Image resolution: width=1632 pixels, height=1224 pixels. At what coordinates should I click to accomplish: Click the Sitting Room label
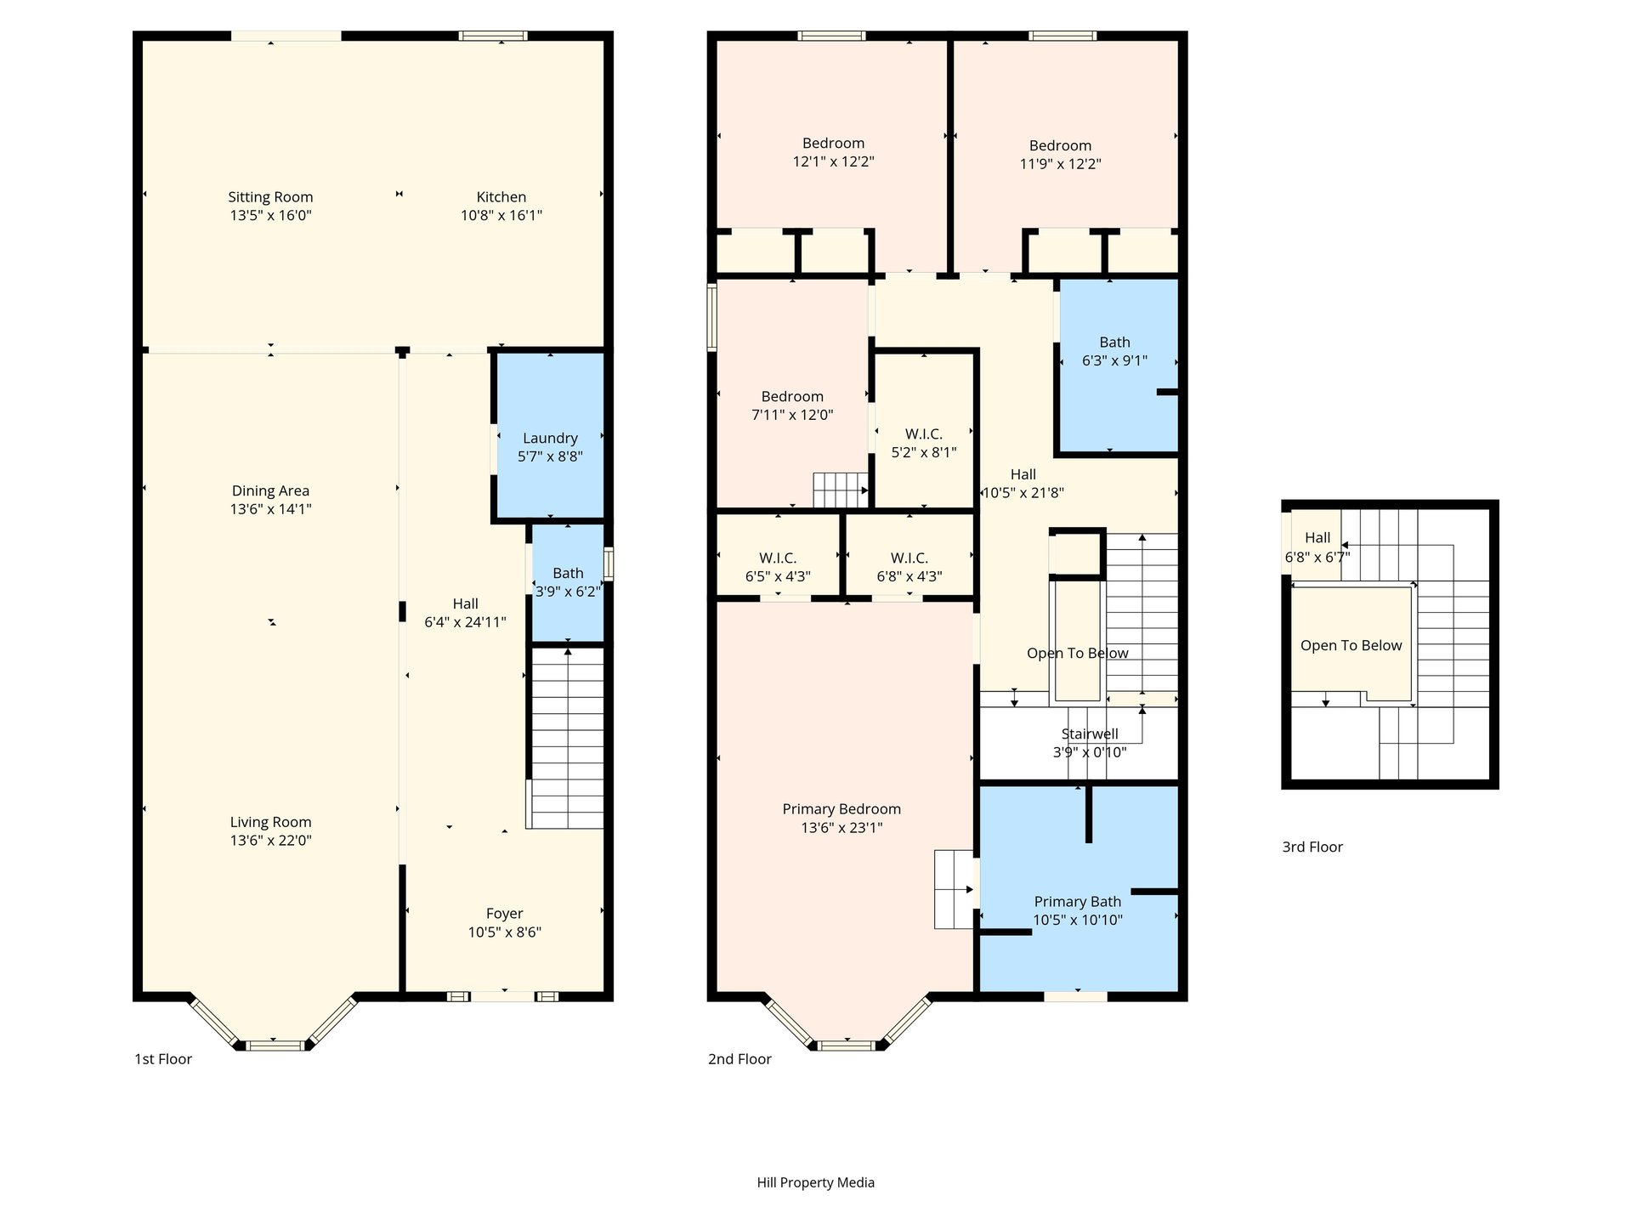tap(270, 197)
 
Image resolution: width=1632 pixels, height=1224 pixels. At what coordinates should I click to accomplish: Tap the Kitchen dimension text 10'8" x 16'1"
tap(501, 216)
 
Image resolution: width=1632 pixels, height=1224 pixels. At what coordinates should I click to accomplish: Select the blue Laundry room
tap(550, 435)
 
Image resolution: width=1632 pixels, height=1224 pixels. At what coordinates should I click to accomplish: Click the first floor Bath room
tap(568, 583)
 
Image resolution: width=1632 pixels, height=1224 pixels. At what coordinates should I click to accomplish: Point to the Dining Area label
tap(270, 491)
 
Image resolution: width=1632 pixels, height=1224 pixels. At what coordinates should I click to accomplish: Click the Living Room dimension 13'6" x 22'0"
tap(270, 841)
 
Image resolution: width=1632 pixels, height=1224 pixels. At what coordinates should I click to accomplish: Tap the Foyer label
tap(504, 914)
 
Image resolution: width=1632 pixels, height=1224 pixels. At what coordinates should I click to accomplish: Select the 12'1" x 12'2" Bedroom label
tap(833, 144)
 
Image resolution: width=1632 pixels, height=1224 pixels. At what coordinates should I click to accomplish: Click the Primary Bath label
tap(1077, 902)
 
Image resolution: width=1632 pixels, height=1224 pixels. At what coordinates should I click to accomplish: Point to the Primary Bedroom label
tap(841, 809)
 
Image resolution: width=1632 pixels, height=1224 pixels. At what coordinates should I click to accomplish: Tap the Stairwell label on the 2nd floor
tap(1090, 734)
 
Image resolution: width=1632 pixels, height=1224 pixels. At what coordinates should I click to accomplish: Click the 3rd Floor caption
tap(1312, 847)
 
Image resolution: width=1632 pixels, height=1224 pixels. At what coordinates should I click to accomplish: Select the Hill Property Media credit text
tap(815, 1182)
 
